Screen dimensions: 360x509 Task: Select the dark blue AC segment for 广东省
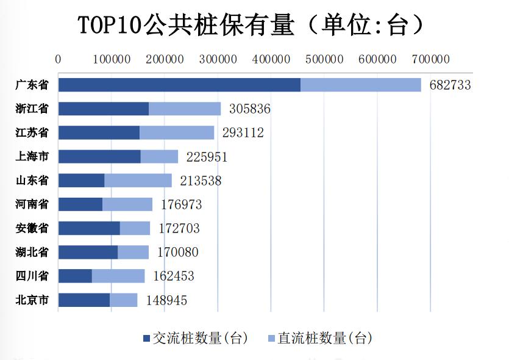179,85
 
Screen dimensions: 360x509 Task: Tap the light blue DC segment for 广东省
361,85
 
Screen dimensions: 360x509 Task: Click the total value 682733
450,85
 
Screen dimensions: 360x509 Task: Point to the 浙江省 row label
32,109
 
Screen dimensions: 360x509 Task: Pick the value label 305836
249,109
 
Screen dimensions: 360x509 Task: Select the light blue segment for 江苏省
177,132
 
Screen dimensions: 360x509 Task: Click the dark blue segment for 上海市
99,157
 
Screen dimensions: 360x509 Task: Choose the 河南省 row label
32,204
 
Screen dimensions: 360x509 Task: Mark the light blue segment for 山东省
138,181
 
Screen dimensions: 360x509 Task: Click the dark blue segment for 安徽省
89,228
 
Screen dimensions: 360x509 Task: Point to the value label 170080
177,252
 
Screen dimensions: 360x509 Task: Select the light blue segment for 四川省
118,276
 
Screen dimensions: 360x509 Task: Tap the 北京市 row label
32,300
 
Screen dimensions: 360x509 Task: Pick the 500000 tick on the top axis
324,59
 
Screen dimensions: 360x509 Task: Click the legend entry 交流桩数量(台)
195,338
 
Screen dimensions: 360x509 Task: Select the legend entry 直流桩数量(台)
320,338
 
